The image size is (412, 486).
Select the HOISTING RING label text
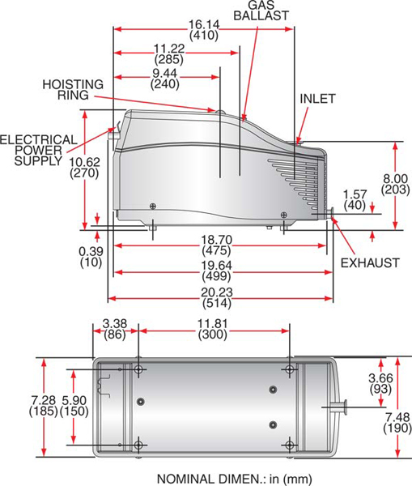74,90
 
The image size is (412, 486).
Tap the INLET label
317,99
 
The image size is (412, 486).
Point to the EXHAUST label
369,263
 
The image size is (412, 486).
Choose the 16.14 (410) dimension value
202,30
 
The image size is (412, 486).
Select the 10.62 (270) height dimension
84,167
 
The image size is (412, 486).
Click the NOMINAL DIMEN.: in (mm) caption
234,478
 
